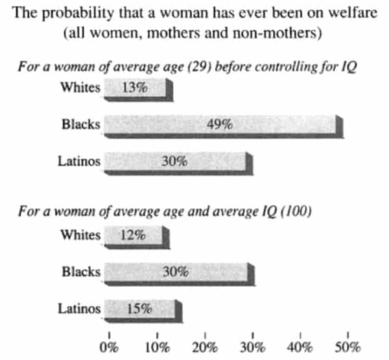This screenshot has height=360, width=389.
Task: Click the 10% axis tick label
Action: [x=156, y=346]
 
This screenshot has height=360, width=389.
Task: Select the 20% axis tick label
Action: [x=205, y=346]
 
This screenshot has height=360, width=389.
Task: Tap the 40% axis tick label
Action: [x=300, y=346]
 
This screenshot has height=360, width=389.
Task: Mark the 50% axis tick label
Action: [x=348, y=346]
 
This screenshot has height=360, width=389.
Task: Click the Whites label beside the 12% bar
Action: [x=80, y=235]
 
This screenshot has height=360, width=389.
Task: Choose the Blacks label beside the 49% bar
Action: [x=80, y=125]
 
